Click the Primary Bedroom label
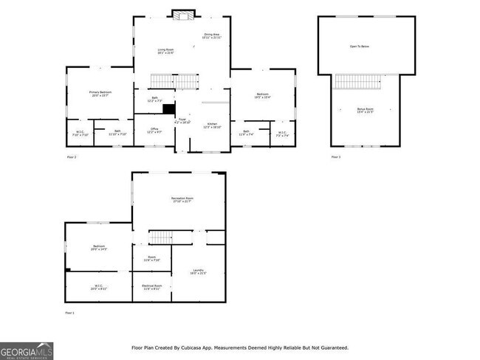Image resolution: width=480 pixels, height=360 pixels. click(100, 93)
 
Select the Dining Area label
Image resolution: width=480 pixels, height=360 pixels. click(212, 35)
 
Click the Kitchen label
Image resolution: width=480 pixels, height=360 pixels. click(212, 124)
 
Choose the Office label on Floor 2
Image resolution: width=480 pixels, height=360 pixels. click(154, 130)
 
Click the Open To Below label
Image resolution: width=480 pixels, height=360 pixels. click(360, 46)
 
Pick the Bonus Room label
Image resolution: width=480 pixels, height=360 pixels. click(365, 110)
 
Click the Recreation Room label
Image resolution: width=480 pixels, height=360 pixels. click(182, 199)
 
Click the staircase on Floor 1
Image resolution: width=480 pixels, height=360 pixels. click(160, 237)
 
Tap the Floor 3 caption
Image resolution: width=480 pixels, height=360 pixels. click(335, 157)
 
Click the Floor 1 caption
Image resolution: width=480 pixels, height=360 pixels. click(71, 314)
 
